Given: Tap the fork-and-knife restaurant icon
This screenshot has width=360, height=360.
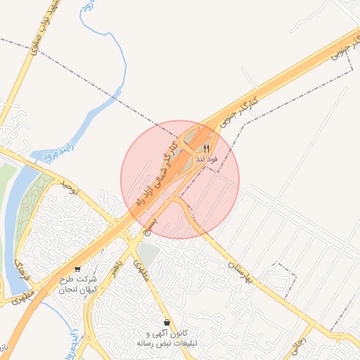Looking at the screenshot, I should coord(207,148).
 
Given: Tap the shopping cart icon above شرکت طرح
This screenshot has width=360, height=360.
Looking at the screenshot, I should coord(77,269).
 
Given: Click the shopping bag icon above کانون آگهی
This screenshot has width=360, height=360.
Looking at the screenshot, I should coord(166,323).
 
